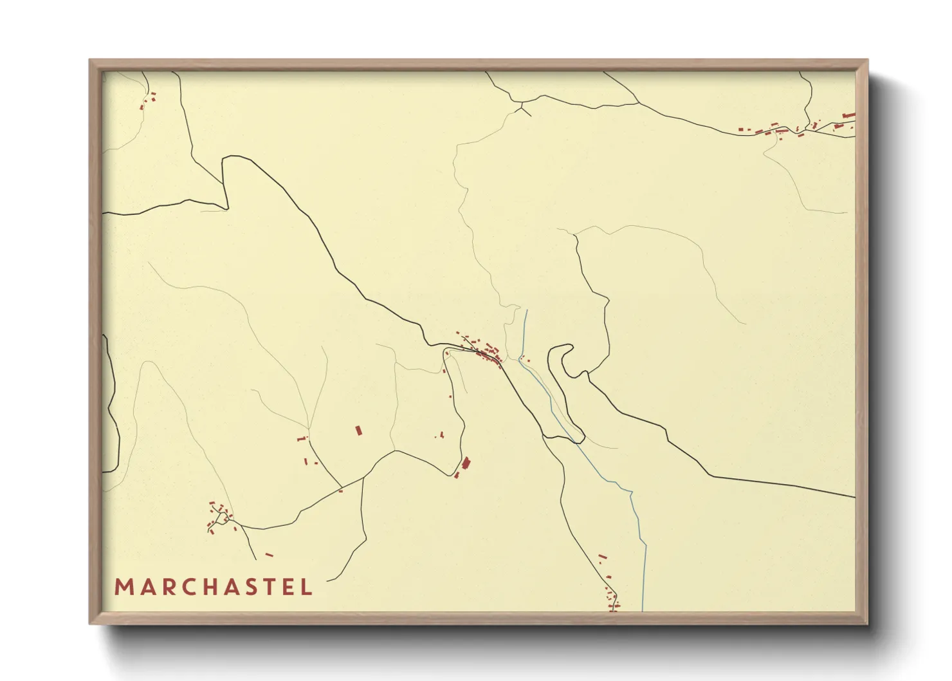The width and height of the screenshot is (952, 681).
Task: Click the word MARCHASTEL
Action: (x=213, y=587)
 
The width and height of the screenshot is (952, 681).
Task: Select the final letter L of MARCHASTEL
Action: (x=307, y=587)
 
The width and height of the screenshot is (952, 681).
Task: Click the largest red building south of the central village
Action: (x=466, y=463)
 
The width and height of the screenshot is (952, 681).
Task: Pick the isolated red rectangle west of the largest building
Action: (x=359, y=431)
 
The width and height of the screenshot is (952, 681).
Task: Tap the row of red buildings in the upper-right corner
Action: (x=798, y=127)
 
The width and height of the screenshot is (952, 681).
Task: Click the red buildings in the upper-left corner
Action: (x=149, y=100)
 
